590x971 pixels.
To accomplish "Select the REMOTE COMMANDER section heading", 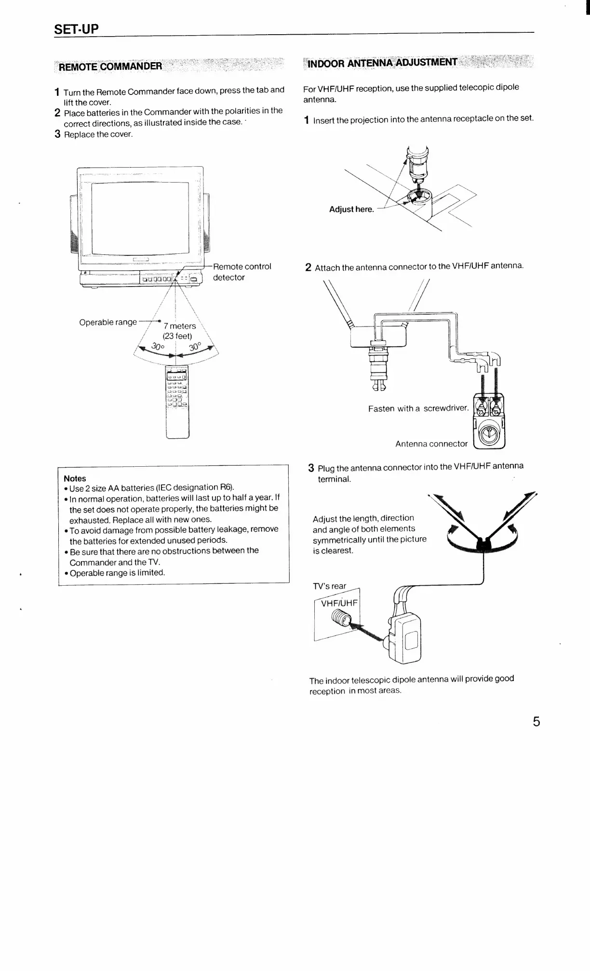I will coord(110,66).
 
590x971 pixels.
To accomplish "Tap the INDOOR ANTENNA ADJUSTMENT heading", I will coord(382,63).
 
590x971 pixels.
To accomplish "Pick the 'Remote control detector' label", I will coord(242,272).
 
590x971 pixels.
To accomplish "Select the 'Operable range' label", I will coord(108,322).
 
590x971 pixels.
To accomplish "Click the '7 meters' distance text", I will coord(179,326).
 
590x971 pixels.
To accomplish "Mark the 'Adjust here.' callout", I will coord(351,209).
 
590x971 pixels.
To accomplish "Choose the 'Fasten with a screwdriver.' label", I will coord(418,408).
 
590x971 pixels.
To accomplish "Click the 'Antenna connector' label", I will coord(431,444).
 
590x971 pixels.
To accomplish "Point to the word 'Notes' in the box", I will coord(75,478).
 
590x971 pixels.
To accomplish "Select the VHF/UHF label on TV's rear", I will coord(339,602).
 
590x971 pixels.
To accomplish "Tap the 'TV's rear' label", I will coord(330,586).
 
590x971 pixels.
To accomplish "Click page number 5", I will coord(536,722).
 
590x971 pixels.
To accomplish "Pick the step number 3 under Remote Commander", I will coord(57,134).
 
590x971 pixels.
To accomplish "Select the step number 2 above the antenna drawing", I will coord(308,267).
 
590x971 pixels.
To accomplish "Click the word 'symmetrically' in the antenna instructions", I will coord(337,539).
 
